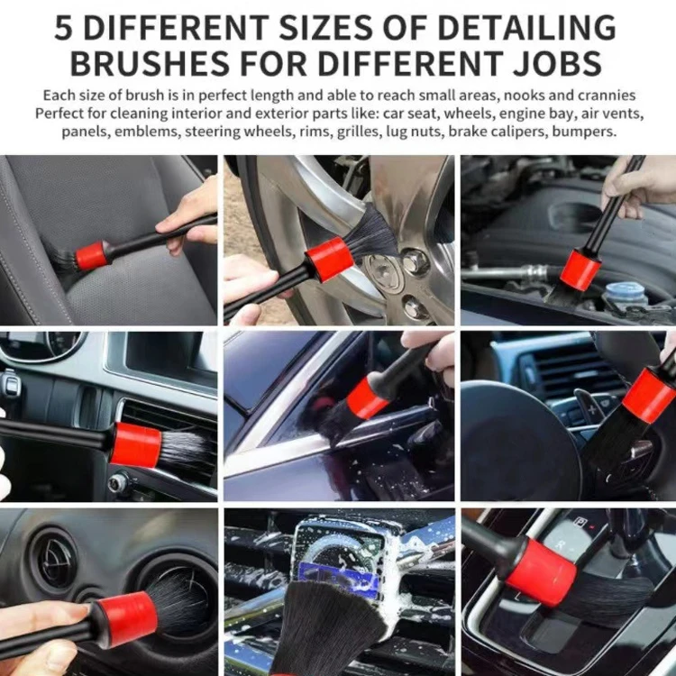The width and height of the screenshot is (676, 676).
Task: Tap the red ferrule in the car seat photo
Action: [91, 255]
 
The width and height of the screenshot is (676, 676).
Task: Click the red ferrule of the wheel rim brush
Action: [329, 259]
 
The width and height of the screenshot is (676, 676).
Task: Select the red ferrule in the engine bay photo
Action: [580, 270]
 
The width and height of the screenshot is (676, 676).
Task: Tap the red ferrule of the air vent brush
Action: [136, 444]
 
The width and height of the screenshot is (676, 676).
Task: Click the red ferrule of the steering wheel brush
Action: [648, 395]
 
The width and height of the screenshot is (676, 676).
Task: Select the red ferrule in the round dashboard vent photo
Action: [126, 617]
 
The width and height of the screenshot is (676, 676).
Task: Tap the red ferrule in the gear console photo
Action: [542, 571]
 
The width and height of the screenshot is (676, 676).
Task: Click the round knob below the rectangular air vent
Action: [118, 484]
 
